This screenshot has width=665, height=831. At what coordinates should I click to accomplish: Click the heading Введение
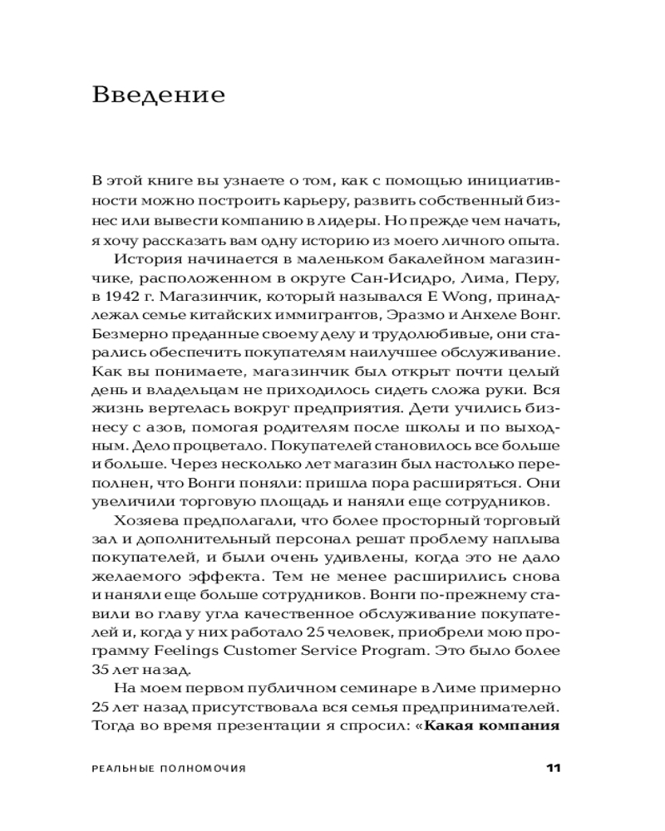159,95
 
